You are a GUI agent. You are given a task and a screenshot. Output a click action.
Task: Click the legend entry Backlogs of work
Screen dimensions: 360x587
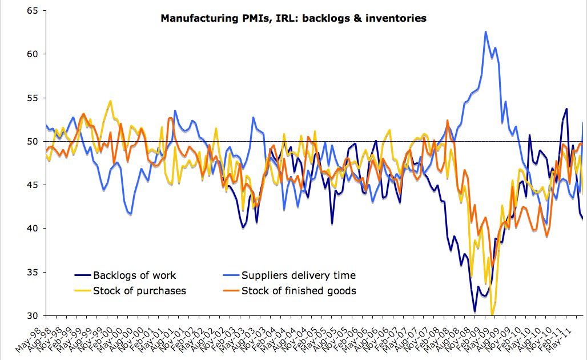pyautogui.click(x=134, y=275)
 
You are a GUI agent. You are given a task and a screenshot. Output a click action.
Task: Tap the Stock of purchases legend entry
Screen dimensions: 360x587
pyautogui.click(x=139, y=291)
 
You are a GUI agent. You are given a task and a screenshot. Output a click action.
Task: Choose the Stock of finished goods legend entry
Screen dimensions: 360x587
pyautogui.click(x=299, y=291)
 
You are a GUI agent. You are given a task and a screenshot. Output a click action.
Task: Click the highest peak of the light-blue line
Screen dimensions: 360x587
pyautogui.click(x=485, y=31)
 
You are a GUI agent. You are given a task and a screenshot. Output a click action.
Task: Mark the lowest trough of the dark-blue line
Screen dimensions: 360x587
pyautogui.click(x=475, y=311)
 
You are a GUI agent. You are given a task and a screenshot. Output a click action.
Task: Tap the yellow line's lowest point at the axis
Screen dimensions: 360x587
pyautogui.click(x=492, y=314)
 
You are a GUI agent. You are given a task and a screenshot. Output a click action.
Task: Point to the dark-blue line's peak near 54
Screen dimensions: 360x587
pyautogui.click(x=566, y=109)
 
